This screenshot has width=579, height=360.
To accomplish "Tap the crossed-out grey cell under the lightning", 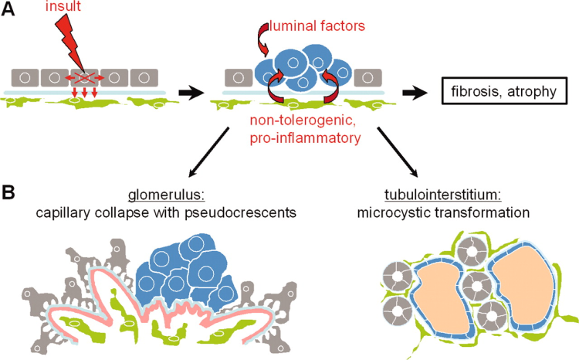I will click(x=85, y=78).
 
